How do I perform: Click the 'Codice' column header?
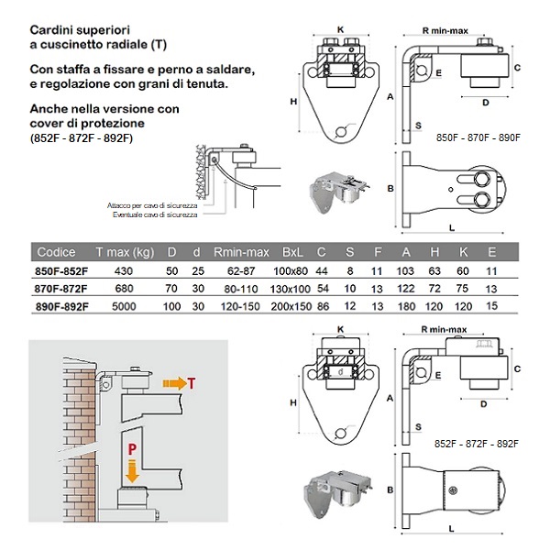pos(56,252)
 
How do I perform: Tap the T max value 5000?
pos(126,304)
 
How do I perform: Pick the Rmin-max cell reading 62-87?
pos(241,271)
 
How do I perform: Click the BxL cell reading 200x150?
pos(292,304)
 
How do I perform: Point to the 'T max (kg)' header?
pos(126,252)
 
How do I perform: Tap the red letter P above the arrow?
pos(132,449)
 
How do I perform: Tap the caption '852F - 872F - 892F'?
pos(478,443)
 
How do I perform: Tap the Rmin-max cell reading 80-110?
pos(241,288)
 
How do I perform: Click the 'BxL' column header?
pos(292,252)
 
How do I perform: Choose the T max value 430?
pos(126,271)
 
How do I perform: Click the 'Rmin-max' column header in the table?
pos(241,252)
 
